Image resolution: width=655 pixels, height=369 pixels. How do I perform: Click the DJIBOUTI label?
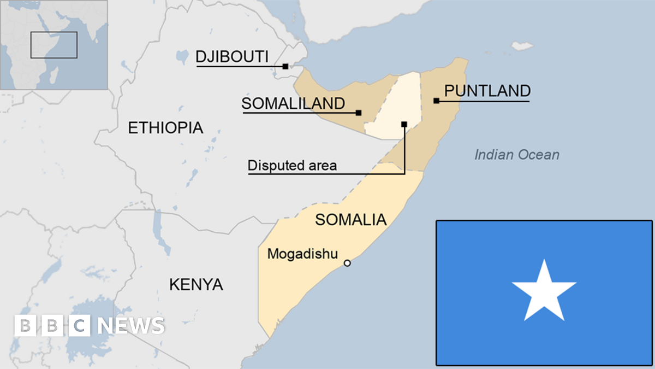tap(231, 56)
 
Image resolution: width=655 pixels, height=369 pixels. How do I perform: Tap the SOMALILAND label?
tap(293, 103)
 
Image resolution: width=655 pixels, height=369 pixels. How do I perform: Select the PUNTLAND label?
tap(487, 91)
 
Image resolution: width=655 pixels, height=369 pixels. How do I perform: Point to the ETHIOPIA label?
tap(165, 128)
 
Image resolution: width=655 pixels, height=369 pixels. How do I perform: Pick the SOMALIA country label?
tap(350, 220)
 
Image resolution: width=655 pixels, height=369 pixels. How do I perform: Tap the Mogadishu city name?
tap(302, 254)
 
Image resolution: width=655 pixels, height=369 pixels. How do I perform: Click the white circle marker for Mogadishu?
tap(347, 263)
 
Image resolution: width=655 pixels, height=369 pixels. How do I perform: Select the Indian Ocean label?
tap(516, 155)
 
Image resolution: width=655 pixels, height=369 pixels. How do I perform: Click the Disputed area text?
tap(292, 165)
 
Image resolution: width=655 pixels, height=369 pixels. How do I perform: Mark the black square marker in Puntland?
tap(436, 101)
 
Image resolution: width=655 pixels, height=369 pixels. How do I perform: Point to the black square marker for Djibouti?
tap(285, 66)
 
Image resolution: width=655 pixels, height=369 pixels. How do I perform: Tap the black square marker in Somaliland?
tap(359, 113)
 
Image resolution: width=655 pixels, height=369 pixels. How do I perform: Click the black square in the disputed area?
tap(404, 124)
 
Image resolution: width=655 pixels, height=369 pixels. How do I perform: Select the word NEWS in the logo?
tap(131, 326)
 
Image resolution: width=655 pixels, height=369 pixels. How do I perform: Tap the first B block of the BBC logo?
tap(25, 326)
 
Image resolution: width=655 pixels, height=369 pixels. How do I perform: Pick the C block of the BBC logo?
tap(80, 326)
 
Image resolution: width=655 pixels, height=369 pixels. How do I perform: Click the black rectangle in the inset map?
tap(53, 45)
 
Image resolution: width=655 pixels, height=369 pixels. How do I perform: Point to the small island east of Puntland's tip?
tap(522, 46)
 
